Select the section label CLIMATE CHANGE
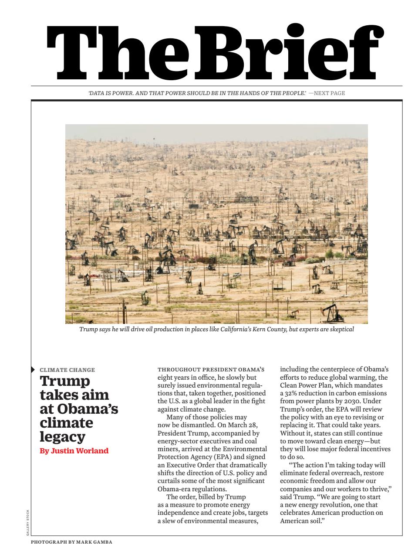click(67, 370)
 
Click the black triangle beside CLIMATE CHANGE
click(33, 370)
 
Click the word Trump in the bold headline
click(65, 381)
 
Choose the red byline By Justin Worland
click(74, 451)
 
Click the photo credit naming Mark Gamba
click(71, 542)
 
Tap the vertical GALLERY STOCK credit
click(28, 519)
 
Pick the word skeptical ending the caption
click(340, 329)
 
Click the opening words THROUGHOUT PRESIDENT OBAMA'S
click(211, 370)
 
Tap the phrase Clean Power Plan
click(305, 385)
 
